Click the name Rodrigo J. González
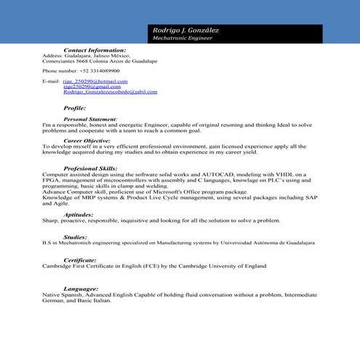click(x=185, y=30)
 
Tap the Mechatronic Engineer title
click(x=183, y=37)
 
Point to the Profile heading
click(x=75, y=107)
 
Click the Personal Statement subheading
click(x=90, y=118)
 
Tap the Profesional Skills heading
click(x=90, y=167)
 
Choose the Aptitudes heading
click(x=78, y=215)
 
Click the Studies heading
click(x=75, y=236)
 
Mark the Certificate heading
click(x=80, y=259)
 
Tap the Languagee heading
click(x=81, y=288)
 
